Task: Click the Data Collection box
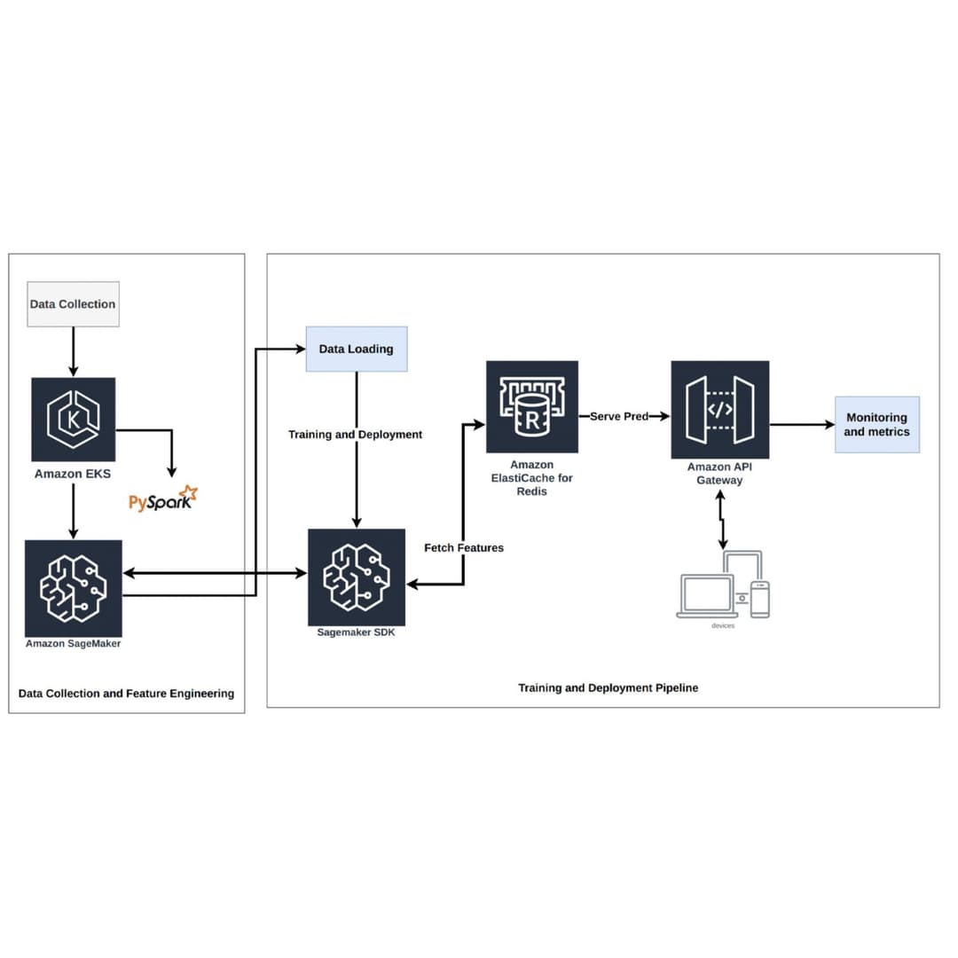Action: pos(73,303)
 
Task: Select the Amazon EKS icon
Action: pos(74,420)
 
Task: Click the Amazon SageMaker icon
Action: pos(74,588)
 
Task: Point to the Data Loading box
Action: pos(357,349)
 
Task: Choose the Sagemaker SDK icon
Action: pos(357,577)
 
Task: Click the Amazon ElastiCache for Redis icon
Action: pos(532,407)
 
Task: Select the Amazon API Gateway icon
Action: pos(719,409)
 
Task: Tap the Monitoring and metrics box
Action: pos(876,424)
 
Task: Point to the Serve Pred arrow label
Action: pos(619,416)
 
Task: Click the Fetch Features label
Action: pos(464,548)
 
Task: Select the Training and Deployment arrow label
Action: pos(355,435)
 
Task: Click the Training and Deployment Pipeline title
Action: pos(608,687)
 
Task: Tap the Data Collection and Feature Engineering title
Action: pos(126,693)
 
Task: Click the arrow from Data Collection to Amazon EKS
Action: pos(74,351)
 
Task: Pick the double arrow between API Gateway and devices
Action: pos(722,522)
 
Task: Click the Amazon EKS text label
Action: pos(73,474)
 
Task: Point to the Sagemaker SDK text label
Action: pos(356,633)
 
